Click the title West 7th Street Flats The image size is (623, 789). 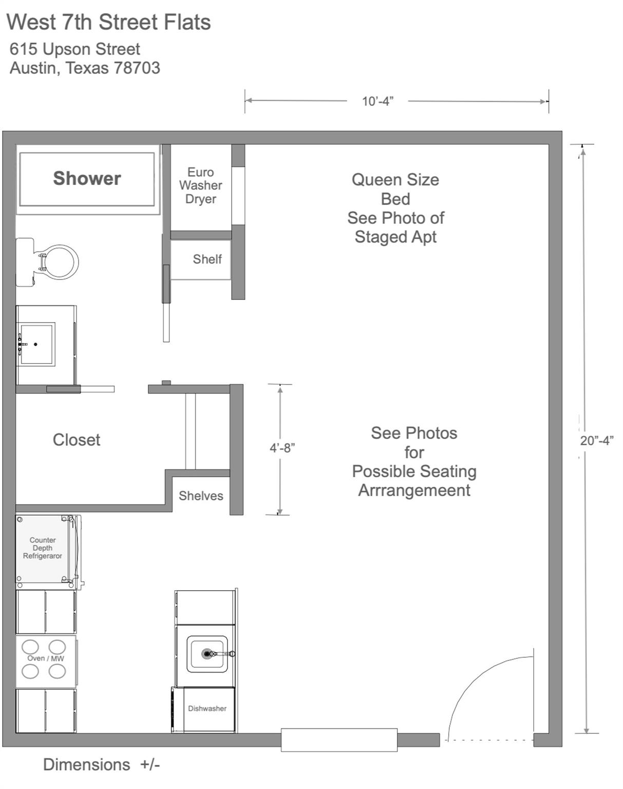[108, 23]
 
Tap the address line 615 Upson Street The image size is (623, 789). [75, 49]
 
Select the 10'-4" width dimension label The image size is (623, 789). [377, 101]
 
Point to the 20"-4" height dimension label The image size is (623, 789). [597, 441]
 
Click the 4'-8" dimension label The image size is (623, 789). [282, 448]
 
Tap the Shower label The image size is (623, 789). [87, 178]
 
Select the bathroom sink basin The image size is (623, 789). [37, 344]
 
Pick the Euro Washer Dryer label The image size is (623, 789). [201, 185]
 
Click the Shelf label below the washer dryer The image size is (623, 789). [207, 259]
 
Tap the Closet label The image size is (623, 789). [77, 440]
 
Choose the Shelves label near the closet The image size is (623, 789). [201, 496]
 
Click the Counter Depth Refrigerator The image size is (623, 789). [43, 549]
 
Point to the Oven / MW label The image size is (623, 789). [45, 659]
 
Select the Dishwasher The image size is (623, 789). [206, 709]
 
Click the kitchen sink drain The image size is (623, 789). [207, 654]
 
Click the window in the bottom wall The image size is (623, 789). [339, 740]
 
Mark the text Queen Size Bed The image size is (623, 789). [395, 189]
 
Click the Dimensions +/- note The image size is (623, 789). [101, 765]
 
